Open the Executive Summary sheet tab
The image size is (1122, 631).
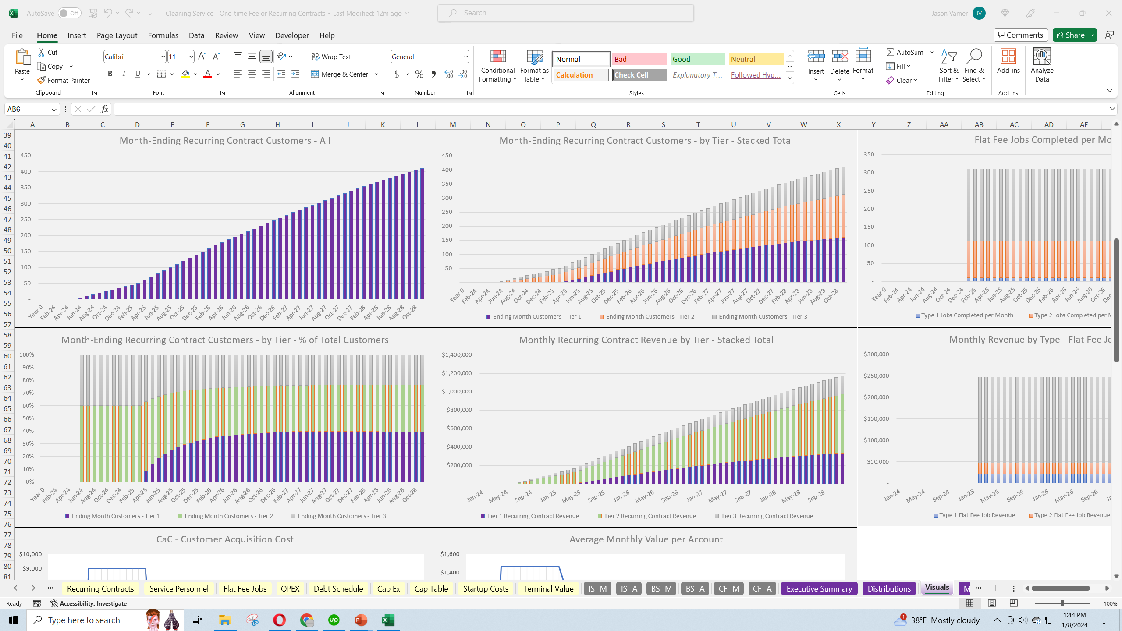click(x=819, y=588)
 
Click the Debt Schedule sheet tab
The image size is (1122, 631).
click(x=338, y=588)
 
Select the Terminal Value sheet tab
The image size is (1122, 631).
click(x=548, y=588)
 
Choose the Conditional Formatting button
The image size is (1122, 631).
click(x=497, y=66)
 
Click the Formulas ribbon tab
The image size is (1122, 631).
click(x=163, y=35)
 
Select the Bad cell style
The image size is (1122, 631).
click(x=639, y=59)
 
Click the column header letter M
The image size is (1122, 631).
click(x=453, y=124)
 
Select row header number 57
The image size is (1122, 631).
click(x=7, y=324)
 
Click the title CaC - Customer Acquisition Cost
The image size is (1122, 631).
click(x=225, y=539)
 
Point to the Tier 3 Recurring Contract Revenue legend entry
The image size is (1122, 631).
click(x=767, y=516)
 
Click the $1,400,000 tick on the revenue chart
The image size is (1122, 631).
click(x=457, y=354)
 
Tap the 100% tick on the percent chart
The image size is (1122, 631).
click(x=26, y=354)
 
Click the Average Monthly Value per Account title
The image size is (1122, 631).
click(x=646, y=539)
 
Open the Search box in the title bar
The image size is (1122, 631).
click(x=565, y=13)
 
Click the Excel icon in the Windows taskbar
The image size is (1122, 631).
click(x=388, y=620)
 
